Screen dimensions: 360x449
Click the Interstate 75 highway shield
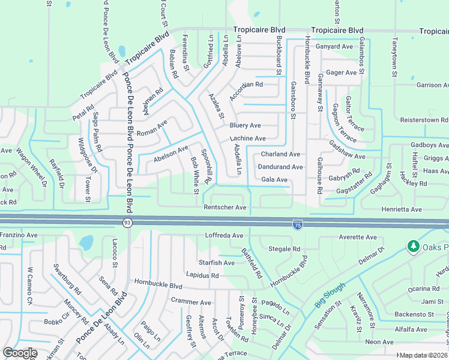tap(298, 224)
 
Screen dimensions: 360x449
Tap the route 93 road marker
tap(128, 223)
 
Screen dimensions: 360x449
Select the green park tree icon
tap(412, 247)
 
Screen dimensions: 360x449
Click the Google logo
tap(20, 353)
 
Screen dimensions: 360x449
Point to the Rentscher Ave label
tap(225, 208)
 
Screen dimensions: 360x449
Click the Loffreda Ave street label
tap(224, 236)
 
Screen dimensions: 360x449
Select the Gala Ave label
tap(274, 179)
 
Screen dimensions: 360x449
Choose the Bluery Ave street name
tap(245, 125)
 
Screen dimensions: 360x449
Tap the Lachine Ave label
tap(247, 138)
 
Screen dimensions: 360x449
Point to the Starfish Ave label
tap(217, 263)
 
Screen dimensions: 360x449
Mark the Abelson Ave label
tap(171, 154)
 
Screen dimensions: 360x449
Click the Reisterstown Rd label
tap(423, 120)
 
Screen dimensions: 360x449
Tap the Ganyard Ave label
tap(334, 46)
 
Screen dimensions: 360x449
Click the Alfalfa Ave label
tap(411, 329)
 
